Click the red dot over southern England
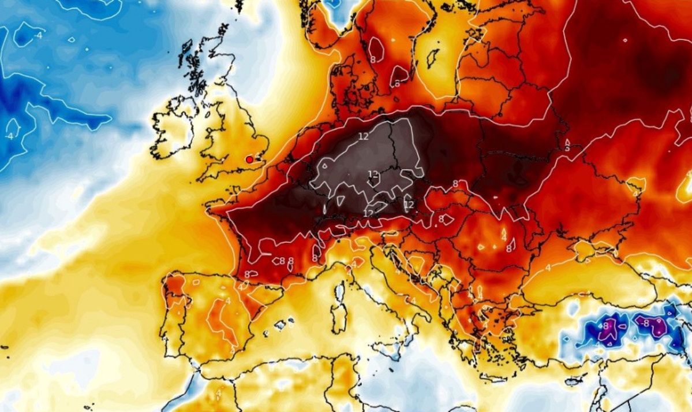(x=249, y=159)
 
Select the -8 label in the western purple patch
(x=607, y=326)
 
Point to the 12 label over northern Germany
(x=363, y=136)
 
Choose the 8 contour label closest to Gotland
(x=397, y=83)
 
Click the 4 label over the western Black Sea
(x=548, y=269)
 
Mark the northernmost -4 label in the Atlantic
(x=38, y=35)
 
